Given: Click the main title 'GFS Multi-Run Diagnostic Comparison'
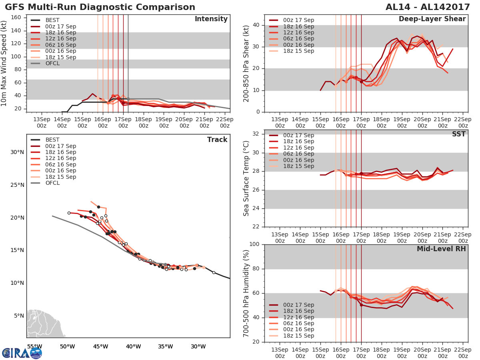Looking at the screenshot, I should [100, 7].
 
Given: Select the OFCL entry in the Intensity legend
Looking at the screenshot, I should [52, 63].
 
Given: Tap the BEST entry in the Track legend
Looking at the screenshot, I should [52, 140].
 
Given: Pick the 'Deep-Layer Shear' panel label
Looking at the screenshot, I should [432, 19].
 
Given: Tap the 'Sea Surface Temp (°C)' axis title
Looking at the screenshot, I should [247, 178].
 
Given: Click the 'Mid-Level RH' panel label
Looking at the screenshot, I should [441, 249].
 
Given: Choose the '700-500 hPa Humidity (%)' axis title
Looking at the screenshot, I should [247, 293].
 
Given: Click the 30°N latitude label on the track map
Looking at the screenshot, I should [17, 152].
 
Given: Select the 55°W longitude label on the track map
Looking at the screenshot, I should [34, 346].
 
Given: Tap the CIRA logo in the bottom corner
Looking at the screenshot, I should [22, 353].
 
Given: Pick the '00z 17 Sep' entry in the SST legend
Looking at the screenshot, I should [298, 135].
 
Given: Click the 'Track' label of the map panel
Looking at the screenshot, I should [217, 140].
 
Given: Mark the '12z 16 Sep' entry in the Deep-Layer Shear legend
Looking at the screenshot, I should [298, 32].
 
